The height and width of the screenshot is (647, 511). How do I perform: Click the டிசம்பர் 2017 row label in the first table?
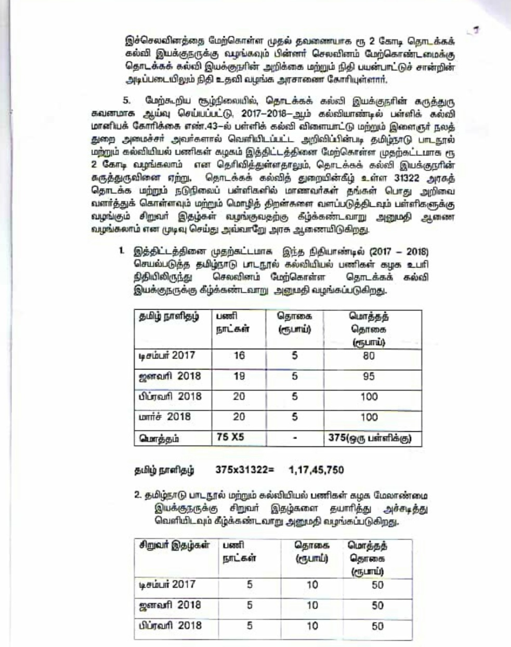point(167,355)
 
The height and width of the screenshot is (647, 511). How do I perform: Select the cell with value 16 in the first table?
point(239,355)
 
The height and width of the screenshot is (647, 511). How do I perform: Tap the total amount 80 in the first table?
point(369,355)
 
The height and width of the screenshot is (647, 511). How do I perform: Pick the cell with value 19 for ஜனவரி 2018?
point(239,376)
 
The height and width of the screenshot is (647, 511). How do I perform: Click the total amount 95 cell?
point(369,376)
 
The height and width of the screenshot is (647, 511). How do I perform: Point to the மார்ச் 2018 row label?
point(165,416)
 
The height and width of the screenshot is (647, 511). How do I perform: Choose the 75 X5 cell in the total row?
point(230,437)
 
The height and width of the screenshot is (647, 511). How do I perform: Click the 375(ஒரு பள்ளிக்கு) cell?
point(370,438)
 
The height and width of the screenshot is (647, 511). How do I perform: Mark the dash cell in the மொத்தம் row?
point(295,438)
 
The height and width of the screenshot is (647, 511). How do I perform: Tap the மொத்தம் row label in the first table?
point(159,438)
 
